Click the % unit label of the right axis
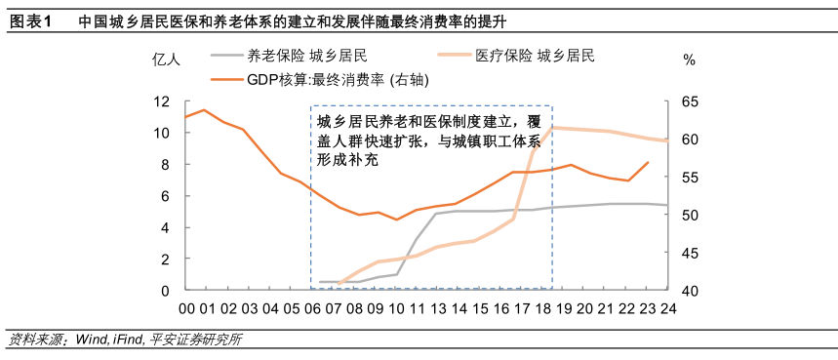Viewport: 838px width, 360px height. [689, 60]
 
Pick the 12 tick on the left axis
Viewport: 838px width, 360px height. [163, 101]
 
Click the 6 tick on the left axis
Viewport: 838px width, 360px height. [167, 196]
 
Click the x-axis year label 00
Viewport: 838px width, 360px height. [185, 308]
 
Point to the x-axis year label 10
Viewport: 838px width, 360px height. [397, 308]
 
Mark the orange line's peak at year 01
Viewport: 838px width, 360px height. [204, 109]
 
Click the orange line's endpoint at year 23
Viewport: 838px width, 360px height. [648, 162]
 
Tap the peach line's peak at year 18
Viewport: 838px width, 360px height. [552, 127]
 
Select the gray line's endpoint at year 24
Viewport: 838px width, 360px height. [667, 205]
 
